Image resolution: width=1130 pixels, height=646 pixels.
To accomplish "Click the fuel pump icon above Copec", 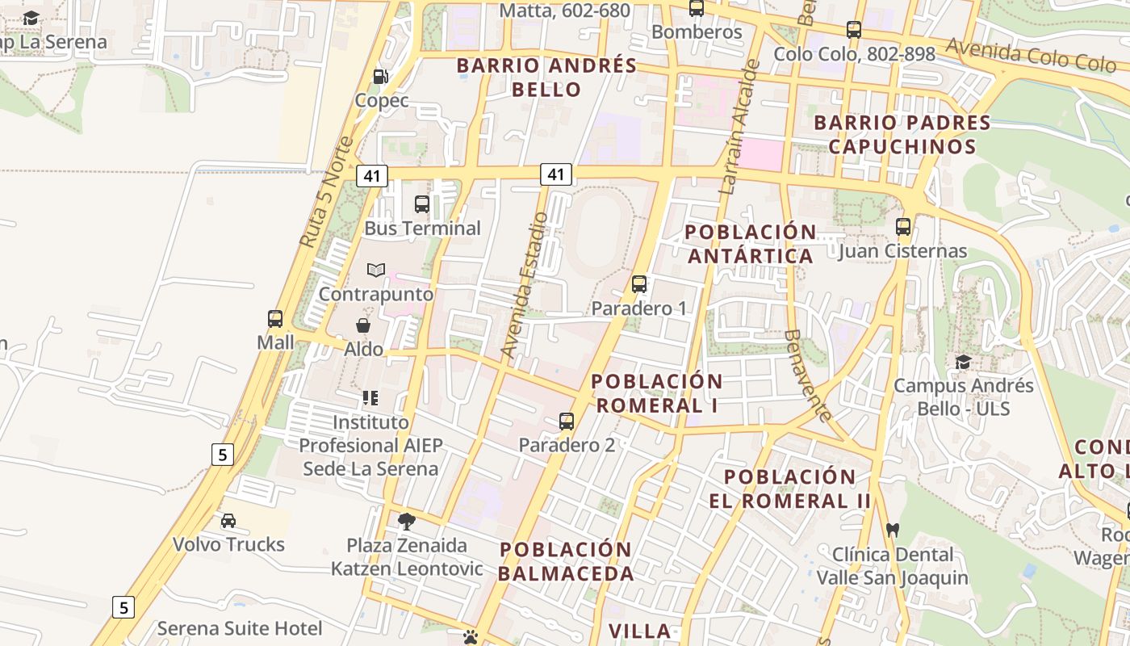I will [x=380, y=77].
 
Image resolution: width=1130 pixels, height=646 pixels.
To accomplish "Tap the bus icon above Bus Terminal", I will [x=422, y=204].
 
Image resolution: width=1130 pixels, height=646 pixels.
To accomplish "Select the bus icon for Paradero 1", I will [x=639, y=284].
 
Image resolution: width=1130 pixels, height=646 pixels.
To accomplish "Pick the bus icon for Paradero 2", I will [x=567, y=422].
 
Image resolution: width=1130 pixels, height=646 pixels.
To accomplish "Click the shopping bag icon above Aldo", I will [x=363, y=325].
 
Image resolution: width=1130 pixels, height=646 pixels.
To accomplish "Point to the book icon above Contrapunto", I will [x=375, y=270].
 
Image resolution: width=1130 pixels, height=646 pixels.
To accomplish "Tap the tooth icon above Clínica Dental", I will [x=892, y=531].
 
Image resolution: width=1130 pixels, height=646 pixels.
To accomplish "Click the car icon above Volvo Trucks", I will [x=228, y=521].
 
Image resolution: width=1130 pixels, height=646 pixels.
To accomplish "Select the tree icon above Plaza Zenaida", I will [x=407, y=521].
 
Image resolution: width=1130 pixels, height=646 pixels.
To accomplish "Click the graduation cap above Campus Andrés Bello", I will [x=963, y=362].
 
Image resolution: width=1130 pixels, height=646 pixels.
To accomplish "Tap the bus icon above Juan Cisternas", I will [x=902, y=227].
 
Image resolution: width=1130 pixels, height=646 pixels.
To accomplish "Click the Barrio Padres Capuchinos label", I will [x=902, y=135].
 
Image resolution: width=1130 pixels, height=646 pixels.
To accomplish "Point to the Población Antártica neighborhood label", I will [x=750, y=244].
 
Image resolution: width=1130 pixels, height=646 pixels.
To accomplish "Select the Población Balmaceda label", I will [x=566, y=561].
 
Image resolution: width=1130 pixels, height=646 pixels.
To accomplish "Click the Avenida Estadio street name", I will [x=525, y=284].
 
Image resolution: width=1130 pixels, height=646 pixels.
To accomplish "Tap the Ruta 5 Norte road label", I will [x=326, y=192].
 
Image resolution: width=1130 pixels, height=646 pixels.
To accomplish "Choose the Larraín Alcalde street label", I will [x=739, y=128].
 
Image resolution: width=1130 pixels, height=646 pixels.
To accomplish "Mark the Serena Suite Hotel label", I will [x=239, y=628].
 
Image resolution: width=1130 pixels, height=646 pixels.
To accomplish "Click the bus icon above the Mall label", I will [x=275, y=319].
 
